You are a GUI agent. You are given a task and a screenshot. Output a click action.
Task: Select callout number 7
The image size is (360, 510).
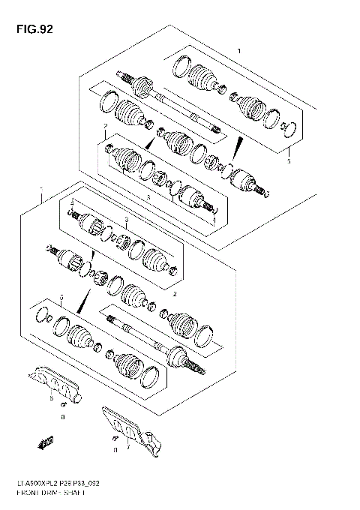tap(128, 450)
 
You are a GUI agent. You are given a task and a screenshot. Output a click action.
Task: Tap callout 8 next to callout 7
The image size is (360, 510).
tap(114, 450)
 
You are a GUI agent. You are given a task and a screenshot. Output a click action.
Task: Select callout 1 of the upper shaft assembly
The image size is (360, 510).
tap(238, 49)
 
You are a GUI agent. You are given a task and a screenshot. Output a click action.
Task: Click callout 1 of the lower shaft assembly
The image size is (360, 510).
tap(42, 191)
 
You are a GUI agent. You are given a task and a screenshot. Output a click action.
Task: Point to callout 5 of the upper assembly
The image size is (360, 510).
tap(289, 159)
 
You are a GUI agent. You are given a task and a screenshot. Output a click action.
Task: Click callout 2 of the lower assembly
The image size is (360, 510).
tap(175, 294)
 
